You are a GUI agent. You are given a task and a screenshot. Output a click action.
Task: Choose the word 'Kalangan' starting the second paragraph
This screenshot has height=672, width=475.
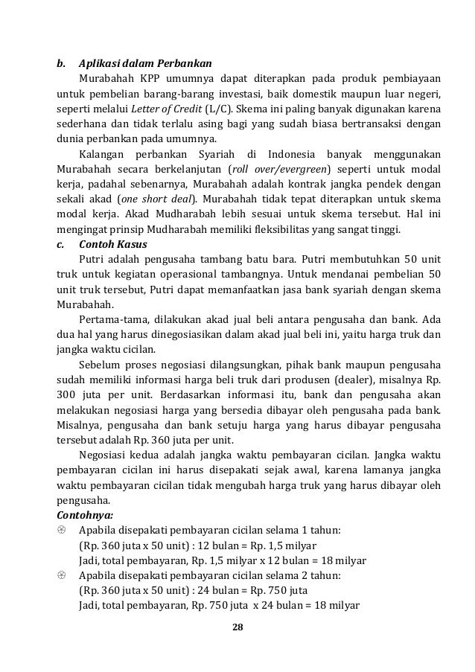click(x=103, y=153)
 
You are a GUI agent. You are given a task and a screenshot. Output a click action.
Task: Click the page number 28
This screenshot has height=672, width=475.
click(x=238, y=625)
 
